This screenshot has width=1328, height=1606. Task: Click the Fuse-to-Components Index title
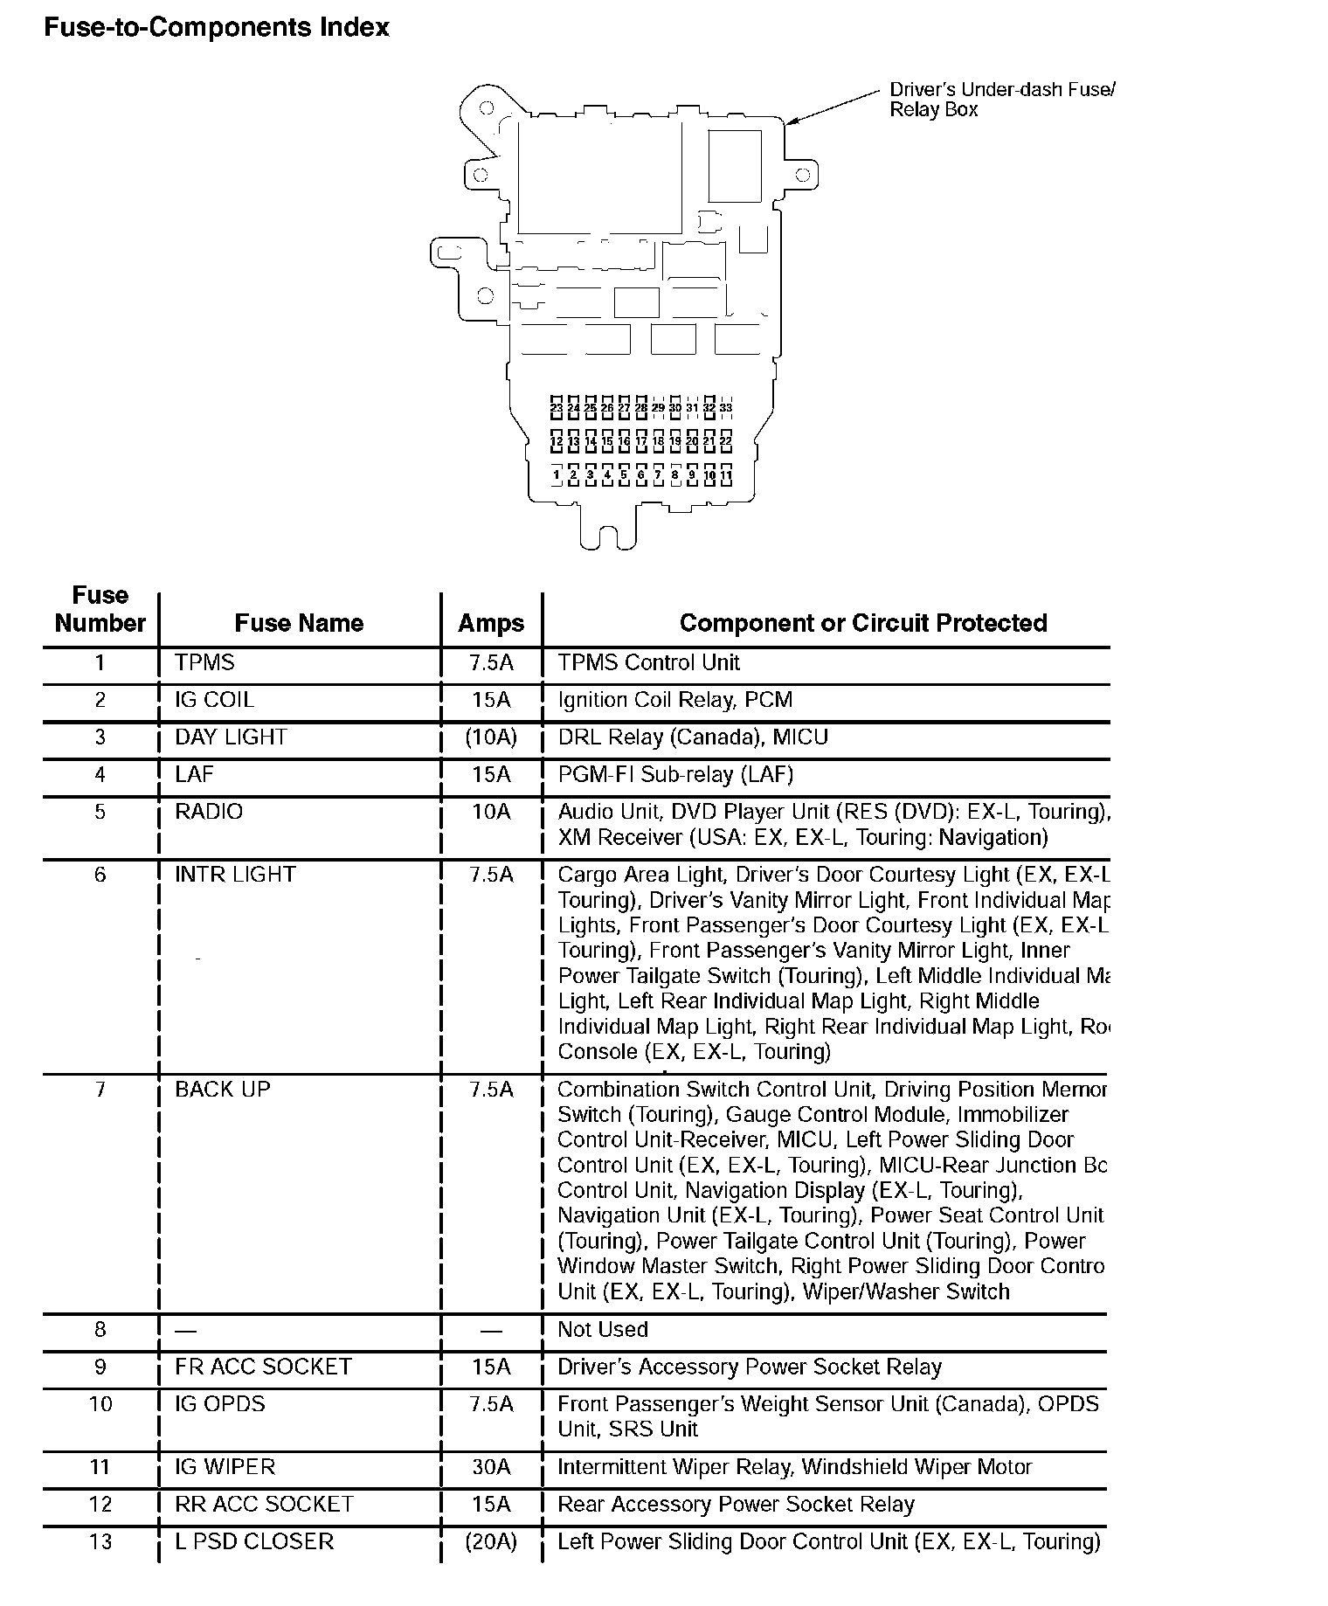coord(217,28)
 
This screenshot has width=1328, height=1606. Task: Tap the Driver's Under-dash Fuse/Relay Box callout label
coord(1001,100)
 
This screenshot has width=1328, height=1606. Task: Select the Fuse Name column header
coord(299,623)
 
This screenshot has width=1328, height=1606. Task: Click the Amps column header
coord(491,623)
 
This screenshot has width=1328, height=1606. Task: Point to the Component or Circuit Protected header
coord(863,623)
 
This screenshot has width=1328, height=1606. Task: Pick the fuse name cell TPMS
coord(205,662)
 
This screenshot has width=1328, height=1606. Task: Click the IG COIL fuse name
coord(215,700)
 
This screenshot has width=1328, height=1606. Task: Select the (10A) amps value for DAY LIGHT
coord(491,737)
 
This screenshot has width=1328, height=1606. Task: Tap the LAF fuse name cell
coord(194,774)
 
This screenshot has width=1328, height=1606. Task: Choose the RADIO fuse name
coord(209,812)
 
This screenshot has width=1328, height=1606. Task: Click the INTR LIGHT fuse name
coord(235,875)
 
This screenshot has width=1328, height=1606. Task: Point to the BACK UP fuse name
coord(223,1090)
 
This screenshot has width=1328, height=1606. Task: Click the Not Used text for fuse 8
coord(603,1330)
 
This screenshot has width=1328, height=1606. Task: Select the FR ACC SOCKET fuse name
coord(263,1367)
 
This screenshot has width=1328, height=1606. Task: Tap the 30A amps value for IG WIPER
coord(491,1467)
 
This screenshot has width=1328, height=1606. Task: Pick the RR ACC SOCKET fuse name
coord(264,1504)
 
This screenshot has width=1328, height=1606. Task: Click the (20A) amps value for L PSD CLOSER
coord(491,1541)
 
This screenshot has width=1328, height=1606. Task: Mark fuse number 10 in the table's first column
coord(100,1404)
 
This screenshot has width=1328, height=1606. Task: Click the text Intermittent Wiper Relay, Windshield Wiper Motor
coord(795,1467)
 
